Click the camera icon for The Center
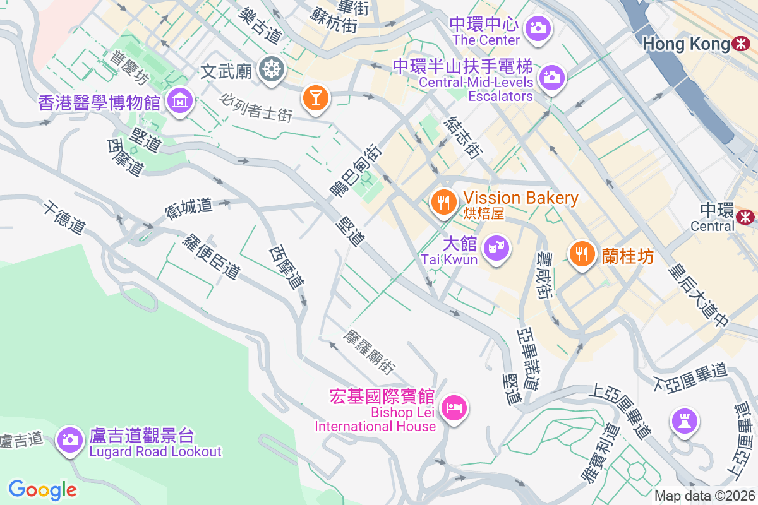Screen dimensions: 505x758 point(538,27)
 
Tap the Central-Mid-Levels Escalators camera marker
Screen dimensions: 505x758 point(551,78)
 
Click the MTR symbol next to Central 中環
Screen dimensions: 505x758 point(745,217)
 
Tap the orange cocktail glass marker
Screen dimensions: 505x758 point(314,98)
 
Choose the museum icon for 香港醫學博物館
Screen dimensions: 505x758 point(180,100)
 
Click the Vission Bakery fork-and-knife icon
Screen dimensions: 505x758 point(444,202)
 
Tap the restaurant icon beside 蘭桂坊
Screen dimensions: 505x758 point(581,254)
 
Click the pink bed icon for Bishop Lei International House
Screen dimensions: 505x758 point(454,407)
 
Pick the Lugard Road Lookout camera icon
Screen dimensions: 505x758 point(70,439)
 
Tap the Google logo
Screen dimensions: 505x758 point(43,489)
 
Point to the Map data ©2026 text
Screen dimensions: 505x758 point(704,496)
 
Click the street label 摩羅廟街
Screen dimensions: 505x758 point(370,352)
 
